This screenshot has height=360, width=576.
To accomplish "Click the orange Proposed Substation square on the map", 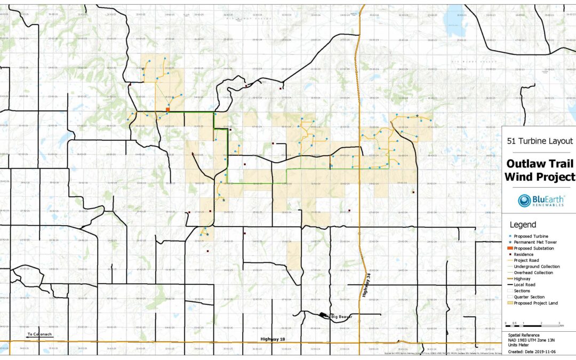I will click(x=167, y=109).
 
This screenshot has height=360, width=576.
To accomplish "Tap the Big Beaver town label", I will click(x=341, y=316).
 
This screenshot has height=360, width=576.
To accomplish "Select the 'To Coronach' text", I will click(x=39, y=334).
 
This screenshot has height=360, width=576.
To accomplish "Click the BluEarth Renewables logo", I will click(x=541, y=201).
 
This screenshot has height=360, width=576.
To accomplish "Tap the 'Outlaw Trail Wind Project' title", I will click(x=541, y=170).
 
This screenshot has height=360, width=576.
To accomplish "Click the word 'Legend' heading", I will click(x=523, y=225).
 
